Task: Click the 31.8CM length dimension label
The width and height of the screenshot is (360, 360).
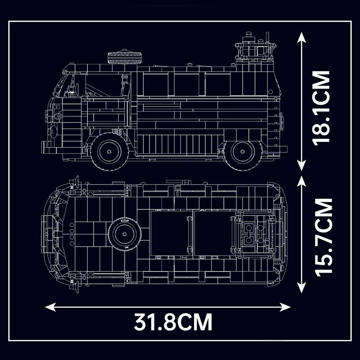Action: (173, 321)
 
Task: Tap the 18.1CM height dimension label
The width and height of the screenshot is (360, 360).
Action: (321, 108)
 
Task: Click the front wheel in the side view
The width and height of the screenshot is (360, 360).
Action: (109, 152)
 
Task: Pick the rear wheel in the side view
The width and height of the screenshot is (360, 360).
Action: (243, 152)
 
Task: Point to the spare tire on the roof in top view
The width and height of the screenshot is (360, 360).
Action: (125, 234)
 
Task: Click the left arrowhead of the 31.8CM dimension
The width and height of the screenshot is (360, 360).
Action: (50, 307)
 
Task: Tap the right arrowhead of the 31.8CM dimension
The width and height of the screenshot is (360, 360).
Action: (285, 307)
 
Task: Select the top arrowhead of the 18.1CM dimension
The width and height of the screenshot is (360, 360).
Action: (301, 37)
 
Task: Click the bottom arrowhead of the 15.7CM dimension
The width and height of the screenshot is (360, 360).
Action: (301, 288)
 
